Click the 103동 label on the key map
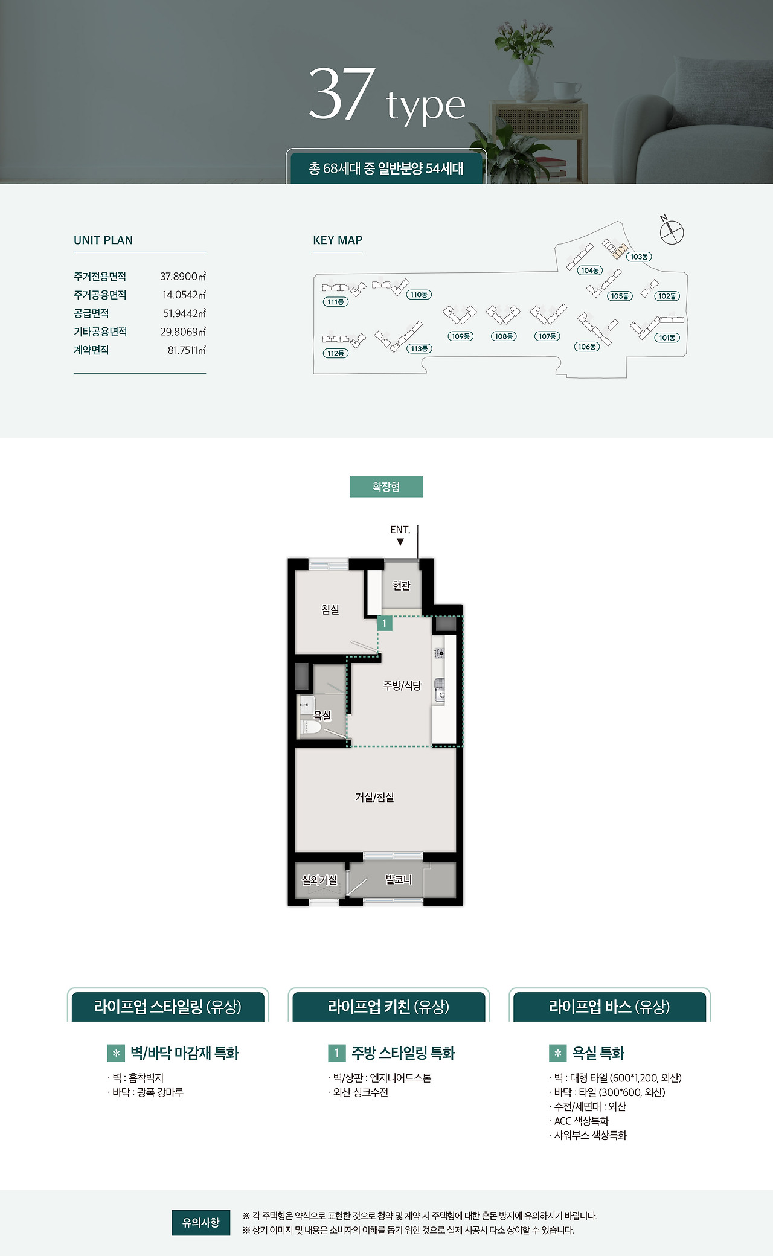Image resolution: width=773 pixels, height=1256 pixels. (639, 257)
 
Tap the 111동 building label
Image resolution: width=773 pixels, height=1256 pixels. (336, 301)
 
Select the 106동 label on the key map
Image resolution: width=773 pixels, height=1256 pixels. (587, 347)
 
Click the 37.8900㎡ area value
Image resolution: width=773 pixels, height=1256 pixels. (183, 277)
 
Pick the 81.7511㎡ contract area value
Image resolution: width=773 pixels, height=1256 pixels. (187, 350)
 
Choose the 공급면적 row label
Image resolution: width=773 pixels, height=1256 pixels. (91, 313)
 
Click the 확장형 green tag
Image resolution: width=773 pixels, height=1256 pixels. (386, 487)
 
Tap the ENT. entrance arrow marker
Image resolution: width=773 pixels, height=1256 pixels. (400, 542)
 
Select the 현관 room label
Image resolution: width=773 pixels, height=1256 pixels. (402, 585)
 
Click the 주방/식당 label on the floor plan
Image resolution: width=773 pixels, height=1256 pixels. (402, 685)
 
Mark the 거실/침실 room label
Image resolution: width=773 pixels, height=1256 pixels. (374, 797)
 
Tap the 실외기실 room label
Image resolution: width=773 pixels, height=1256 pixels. (319, 880)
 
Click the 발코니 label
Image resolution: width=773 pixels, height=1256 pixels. (399, 880)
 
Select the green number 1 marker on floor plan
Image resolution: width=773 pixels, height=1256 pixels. (384, 623)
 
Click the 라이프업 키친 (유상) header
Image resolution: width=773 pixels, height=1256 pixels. (389, 1007)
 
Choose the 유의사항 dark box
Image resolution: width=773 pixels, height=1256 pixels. (201, 1222)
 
